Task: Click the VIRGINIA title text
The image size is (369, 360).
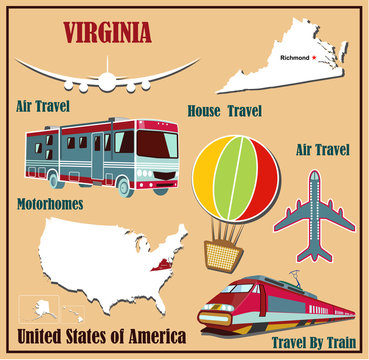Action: pos(107,31)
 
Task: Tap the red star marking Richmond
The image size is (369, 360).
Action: pos(316,57)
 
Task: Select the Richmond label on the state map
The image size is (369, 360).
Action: pos(296,57)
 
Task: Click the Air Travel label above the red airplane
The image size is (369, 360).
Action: pos(323,150)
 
